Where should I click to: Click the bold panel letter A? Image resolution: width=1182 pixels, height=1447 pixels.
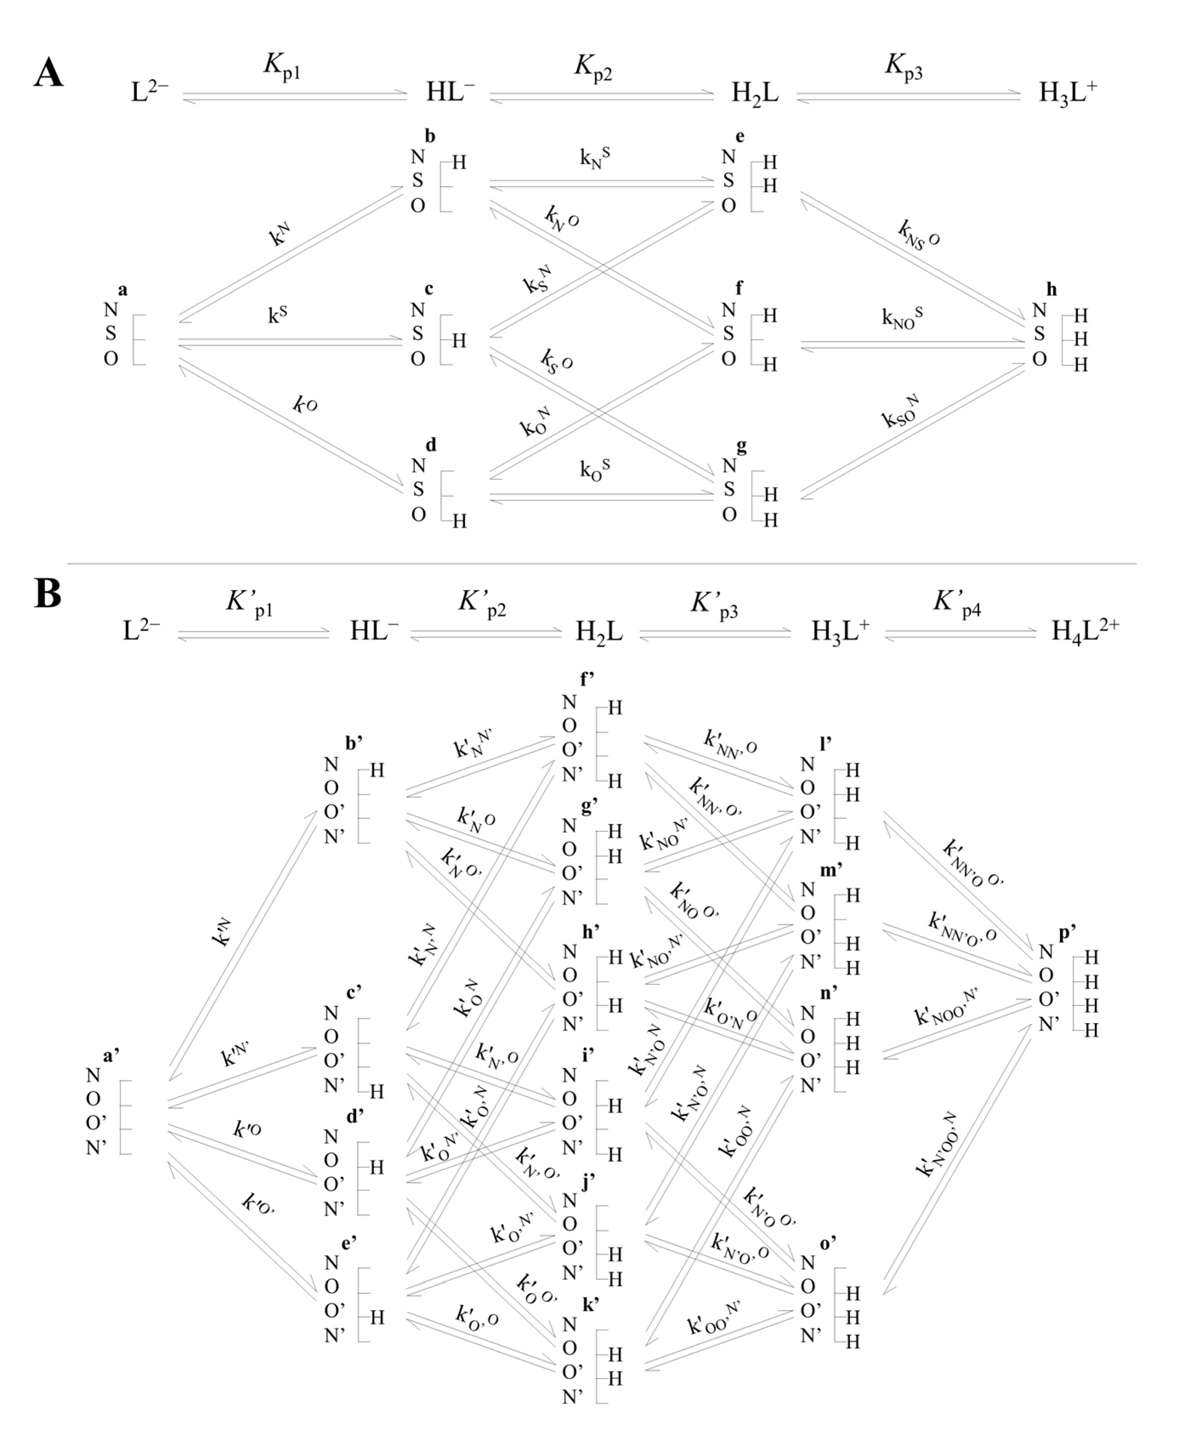click(48, 72)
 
